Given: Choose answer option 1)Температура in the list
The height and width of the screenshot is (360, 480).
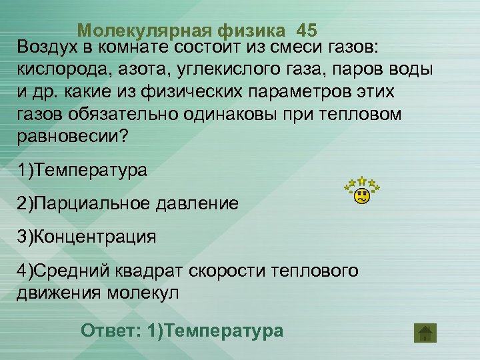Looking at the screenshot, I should pyautogui.click(x=82, y=170).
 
